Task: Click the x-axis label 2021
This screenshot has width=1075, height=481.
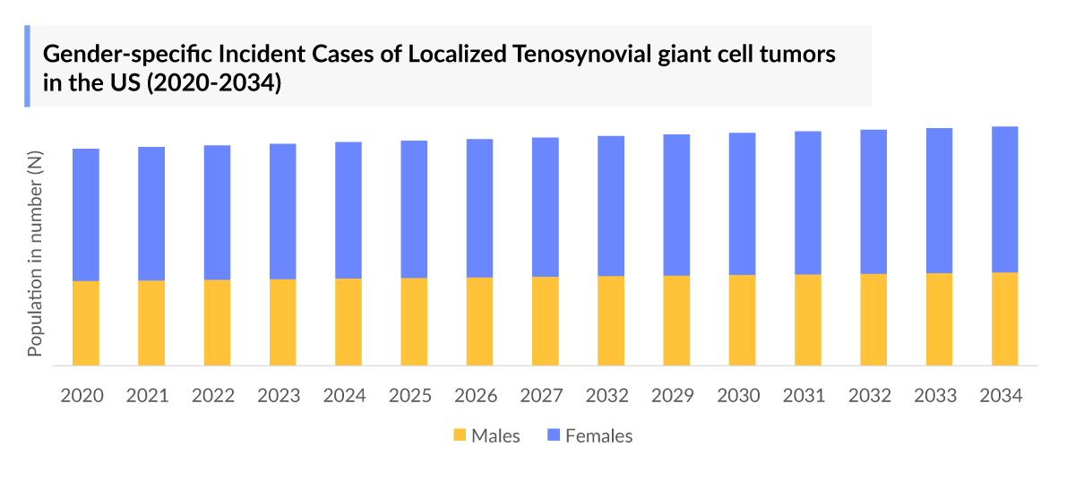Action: point(148,395)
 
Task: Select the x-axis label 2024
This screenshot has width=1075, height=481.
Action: point(345,395)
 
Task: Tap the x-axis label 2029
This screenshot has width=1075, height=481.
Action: point(674,395)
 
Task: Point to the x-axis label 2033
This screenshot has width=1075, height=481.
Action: point(936,395)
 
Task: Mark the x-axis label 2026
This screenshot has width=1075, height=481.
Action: point(477,395)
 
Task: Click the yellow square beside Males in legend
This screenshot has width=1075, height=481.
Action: point(460,436)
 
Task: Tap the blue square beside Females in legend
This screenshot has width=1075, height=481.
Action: point(554,436)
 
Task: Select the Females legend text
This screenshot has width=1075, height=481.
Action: point(598,436)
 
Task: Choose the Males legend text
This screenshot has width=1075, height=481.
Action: point(495,436)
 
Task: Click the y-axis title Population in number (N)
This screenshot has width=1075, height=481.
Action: point(36,254)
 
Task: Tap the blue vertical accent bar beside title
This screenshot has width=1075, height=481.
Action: point(27,66)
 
